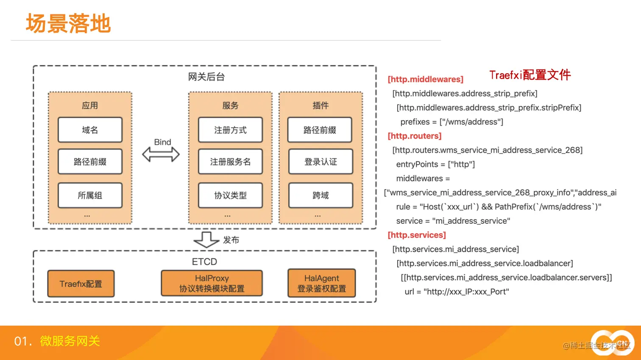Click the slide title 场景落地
coord(68,23)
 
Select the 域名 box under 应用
coord(90,130)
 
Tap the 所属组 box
coord(90,195)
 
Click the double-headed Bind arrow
coord(161,154)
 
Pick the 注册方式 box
coord(230,130)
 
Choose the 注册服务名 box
coord(230,162)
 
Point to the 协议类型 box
coord(230,195)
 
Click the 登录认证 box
coord(320,162)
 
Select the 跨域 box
coord(320,195)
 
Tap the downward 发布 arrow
coord(206,240)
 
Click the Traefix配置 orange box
coord(81,284)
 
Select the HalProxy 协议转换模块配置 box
coord(212,283)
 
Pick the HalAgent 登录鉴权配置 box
coord(321,283)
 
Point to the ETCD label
coord(204,262)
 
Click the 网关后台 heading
coord(206,77)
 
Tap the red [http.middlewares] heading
coord(425,79)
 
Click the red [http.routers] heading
coord(415,136)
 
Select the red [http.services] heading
coord(417,235)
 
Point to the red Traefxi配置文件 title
coord(530,75)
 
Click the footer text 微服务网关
coord(70,341)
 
